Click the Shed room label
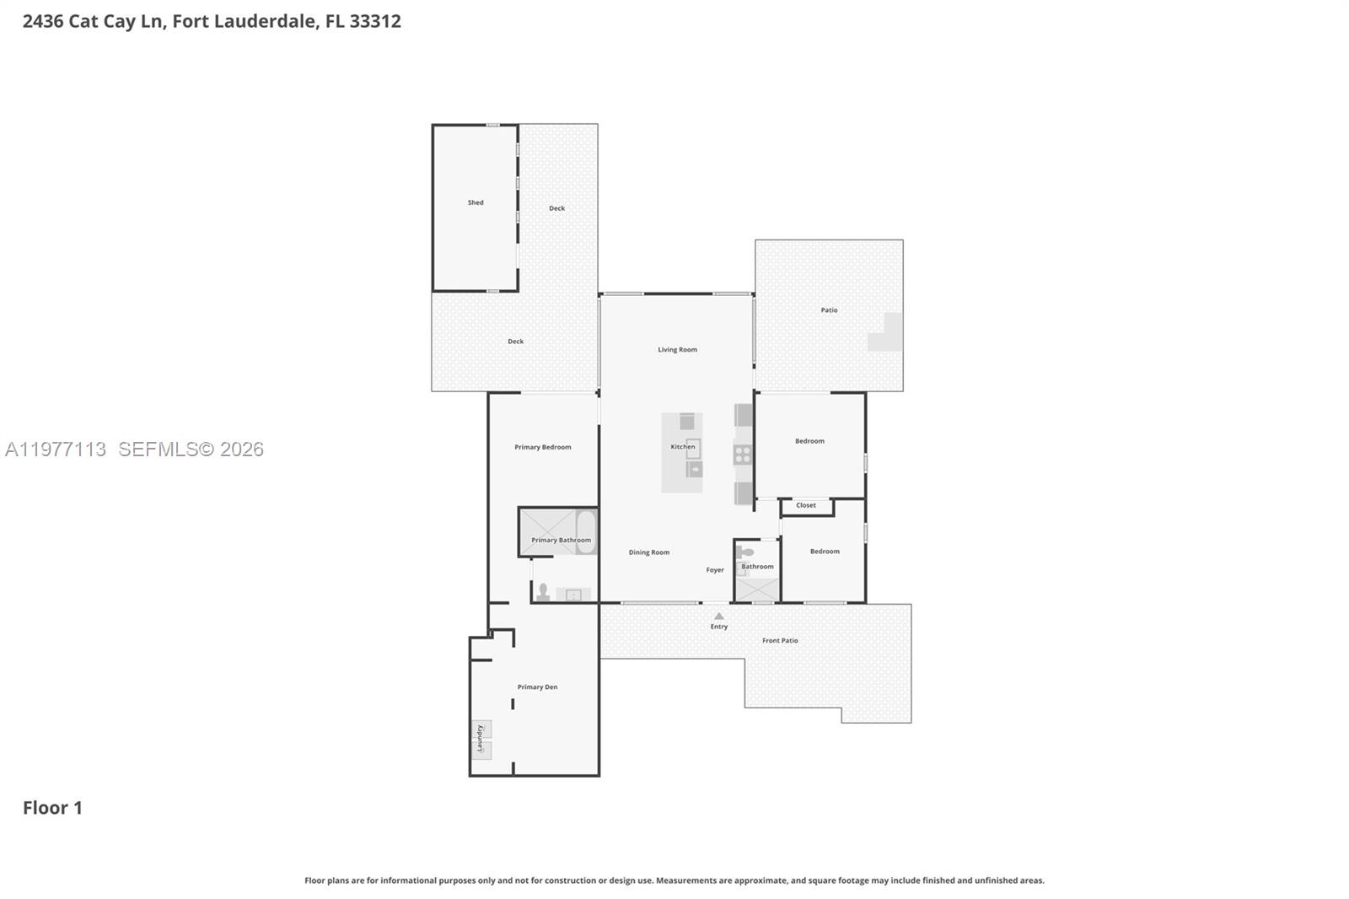tap(476, 202)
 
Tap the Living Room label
tap(677, 349)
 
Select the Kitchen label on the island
tap(682, 447)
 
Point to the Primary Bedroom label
tap(542, 447)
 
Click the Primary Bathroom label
tap(561, 540)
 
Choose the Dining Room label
tap(648, 552)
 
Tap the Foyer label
tap(714, 570)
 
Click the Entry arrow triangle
tap(718, 616)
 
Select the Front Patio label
tap(779, 641)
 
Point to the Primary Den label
tap(537, 687)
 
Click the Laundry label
tap(480, 738)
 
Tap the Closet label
tap(805, 506)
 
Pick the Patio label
tap(829, 310)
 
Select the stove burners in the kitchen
tap(742, 455)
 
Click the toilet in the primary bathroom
tap(543, 592)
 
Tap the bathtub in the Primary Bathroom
tap(585, 532)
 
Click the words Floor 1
tap(52, 808)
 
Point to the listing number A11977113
tap(55, 449)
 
